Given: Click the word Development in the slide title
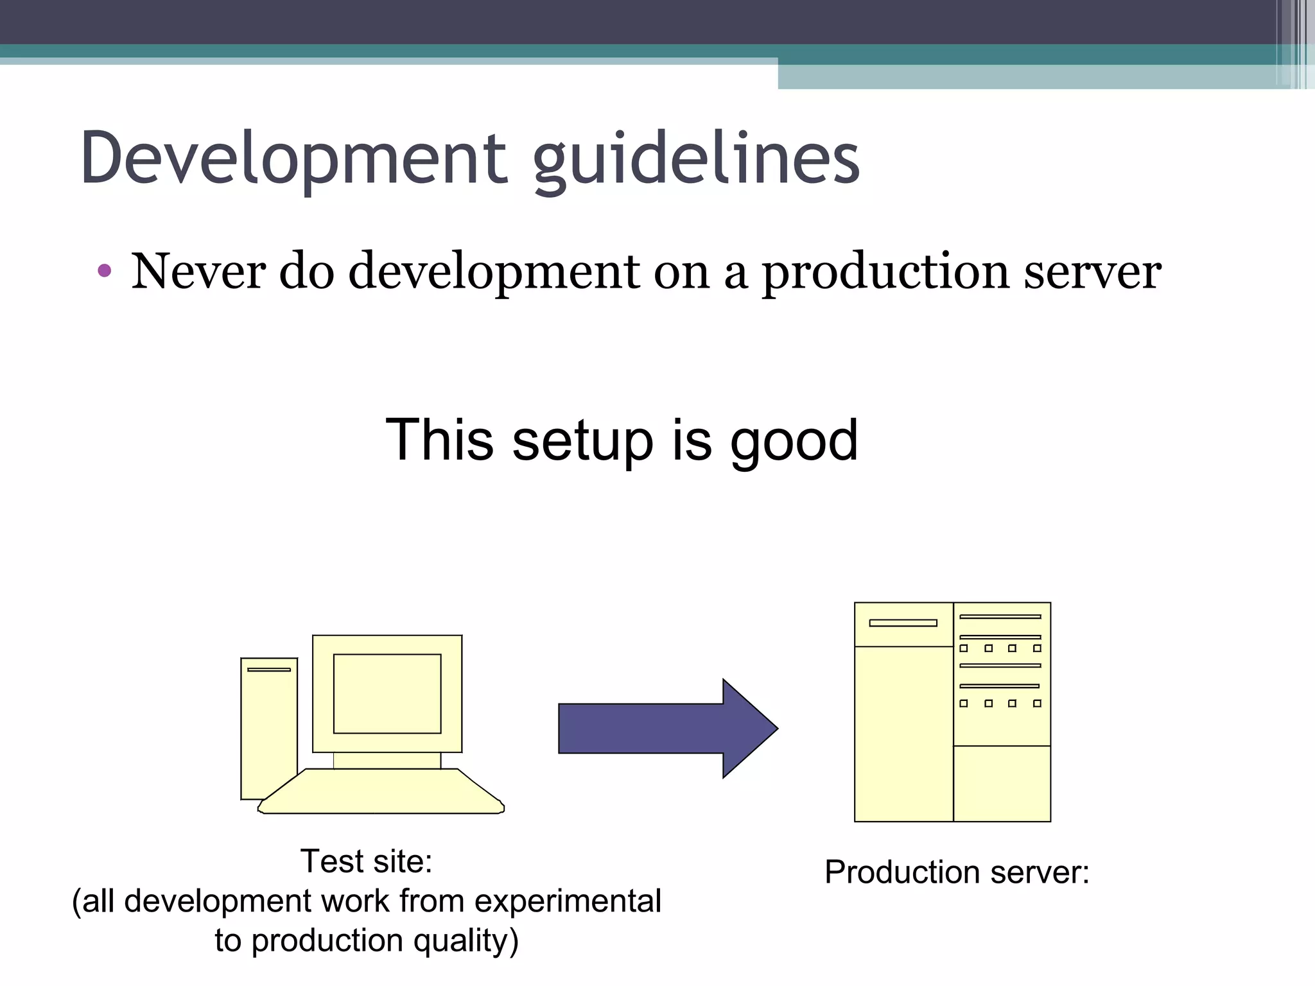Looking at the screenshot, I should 293,158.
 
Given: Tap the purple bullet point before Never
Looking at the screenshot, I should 105,271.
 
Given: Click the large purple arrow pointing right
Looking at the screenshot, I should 668,729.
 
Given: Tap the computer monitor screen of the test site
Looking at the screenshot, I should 387,693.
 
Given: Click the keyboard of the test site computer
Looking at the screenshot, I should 381,792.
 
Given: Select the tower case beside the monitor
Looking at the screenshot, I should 268,732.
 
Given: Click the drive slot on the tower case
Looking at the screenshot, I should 268,670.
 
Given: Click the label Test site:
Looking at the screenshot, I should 367,861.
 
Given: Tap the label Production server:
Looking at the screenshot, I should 957,872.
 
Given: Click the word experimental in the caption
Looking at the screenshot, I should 568,901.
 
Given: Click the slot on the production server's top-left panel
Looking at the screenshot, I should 903,623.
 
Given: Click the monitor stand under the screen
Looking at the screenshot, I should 387,761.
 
